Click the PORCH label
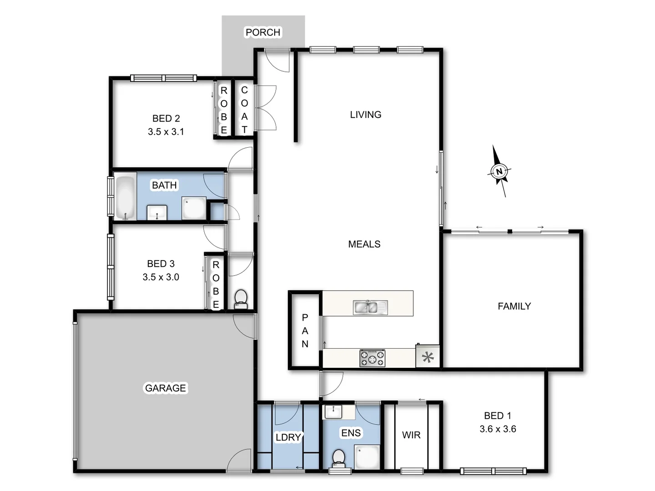(x=263, y=32)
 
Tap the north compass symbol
(x=499, y=171)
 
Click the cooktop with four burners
(x=373, y=358)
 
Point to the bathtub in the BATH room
(x=125, y=197)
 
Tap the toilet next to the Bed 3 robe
(x=241, y=299)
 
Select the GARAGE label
(x=166, y=388)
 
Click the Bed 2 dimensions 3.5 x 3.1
(x=166, y=132)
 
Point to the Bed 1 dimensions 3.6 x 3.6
(x=498, y=429)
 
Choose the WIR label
(x=411, y=435)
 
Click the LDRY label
(x=288, y=437)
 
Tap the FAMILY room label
(x=514, y=306)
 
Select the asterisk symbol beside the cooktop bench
(x=428, y=357)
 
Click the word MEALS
(x=364, y=244)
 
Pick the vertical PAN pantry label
(x=305, y=331)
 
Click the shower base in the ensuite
(x=367, y=456)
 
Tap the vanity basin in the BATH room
(x=157, y=212)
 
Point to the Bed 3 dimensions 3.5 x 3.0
(x=161, y=277)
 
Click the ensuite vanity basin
(x=333, y=411)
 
